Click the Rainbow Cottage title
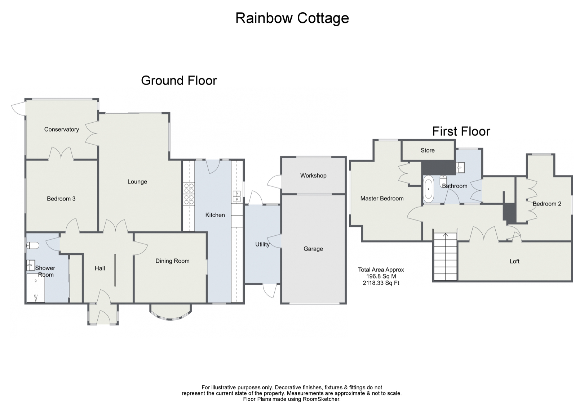click(292, 18)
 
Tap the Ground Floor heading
click(179, 80)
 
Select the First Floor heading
click(461, 131)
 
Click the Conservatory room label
click(61, 130)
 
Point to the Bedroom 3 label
click(61, 199)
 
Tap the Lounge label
click(137, 182)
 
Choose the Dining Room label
click(172, 261)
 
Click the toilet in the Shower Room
click(33, 246)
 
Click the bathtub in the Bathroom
click(428, 189)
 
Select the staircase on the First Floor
click(446, 257)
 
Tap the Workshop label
click(313, 176)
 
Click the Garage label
click(313, 249)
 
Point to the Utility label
click(262, 244)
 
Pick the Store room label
click(428, 150)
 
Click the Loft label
click(514, 261)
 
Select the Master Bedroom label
click(382, 198)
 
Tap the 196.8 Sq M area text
click(381, 276)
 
